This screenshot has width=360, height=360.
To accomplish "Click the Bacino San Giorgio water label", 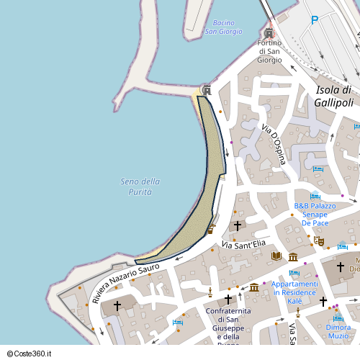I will click(224, 27).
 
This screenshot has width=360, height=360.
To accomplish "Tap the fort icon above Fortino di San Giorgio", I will click(269, 33).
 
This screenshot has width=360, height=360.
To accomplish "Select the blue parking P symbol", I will click(315, 20).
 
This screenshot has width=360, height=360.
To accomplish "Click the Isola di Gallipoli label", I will click(333, 96).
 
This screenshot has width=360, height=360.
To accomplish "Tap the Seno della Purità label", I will click(140, 186).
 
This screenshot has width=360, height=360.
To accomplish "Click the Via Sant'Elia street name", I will click(243, 245).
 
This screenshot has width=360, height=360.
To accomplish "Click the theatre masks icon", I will click(319, 242).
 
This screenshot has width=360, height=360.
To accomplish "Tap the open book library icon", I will click(276, 256).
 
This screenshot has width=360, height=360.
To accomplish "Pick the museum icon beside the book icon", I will click(293, 257).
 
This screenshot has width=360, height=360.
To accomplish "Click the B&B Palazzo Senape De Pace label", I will click(315, 214).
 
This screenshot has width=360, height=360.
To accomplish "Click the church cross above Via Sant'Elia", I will click(238, 226).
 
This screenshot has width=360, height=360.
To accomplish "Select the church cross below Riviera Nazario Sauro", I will click(117, 306).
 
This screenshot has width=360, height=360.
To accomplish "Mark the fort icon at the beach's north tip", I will click(207, 89).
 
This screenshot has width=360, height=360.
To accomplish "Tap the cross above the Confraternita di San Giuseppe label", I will click(228, 299).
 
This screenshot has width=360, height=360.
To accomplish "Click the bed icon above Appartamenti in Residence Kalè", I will click(294, 273).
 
